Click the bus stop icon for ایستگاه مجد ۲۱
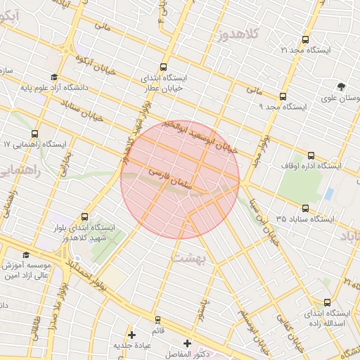306,40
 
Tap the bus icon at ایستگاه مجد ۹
283,96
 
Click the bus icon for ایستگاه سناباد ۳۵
305,208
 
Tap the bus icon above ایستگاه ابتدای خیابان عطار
165,67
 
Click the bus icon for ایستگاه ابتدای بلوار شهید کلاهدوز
85,217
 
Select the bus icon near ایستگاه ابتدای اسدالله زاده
307,303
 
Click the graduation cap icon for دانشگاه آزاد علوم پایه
54,77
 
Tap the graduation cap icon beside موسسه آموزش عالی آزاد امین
27,255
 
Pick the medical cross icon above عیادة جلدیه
131,334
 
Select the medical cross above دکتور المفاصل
186,342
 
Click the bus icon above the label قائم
157,319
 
